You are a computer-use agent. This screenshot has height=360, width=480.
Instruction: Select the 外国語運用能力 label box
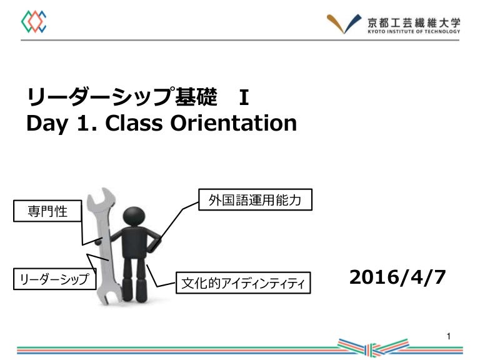[256, 200]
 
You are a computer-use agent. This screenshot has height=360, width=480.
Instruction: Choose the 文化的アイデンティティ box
[243, 284]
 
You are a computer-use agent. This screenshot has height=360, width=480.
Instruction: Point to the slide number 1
[449, 337]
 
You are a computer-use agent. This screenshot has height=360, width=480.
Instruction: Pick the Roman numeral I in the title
[244, 97]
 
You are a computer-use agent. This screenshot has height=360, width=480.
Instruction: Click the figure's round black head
[134, 216]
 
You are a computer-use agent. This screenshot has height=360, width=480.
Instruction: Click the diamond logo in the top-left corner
[34, 22]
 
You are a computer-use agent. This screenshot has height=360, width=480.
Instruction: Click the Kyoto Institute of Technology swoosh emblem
[344, 23]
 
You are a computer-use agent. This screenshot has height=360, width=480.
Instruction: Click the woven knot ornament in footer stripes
[372, 347]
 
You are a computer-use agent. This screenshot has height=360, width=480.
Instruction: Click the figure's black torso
[134, 241]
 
